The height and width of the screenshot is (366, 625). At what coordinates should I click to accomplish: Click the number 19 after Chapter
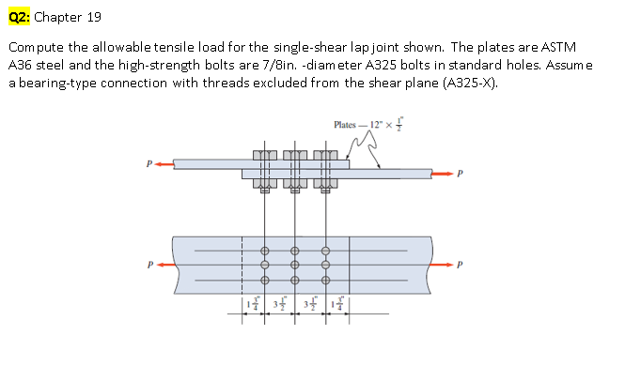click(x=92, y=17)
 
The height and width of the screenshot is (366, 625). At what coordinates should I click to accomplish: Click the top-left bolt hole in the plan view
click(x=265, y=251)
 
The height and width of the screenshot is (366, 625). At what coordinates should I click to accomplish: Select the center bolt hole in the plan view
click(x=295, y=265)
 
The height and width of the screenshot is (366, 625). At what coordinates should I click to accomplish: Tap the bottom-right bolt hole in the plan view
click(x=325, y=280)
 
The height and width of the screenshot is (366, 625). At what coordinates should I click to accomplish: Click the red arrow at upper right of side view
click(x=445, y=173)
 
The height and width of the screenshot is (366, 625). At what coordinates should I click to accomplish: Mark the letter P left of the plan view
click(x=147, y=264)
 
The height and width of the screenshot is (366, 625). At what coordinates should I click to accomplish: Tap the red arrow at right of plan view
click(x=445, y=264)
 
